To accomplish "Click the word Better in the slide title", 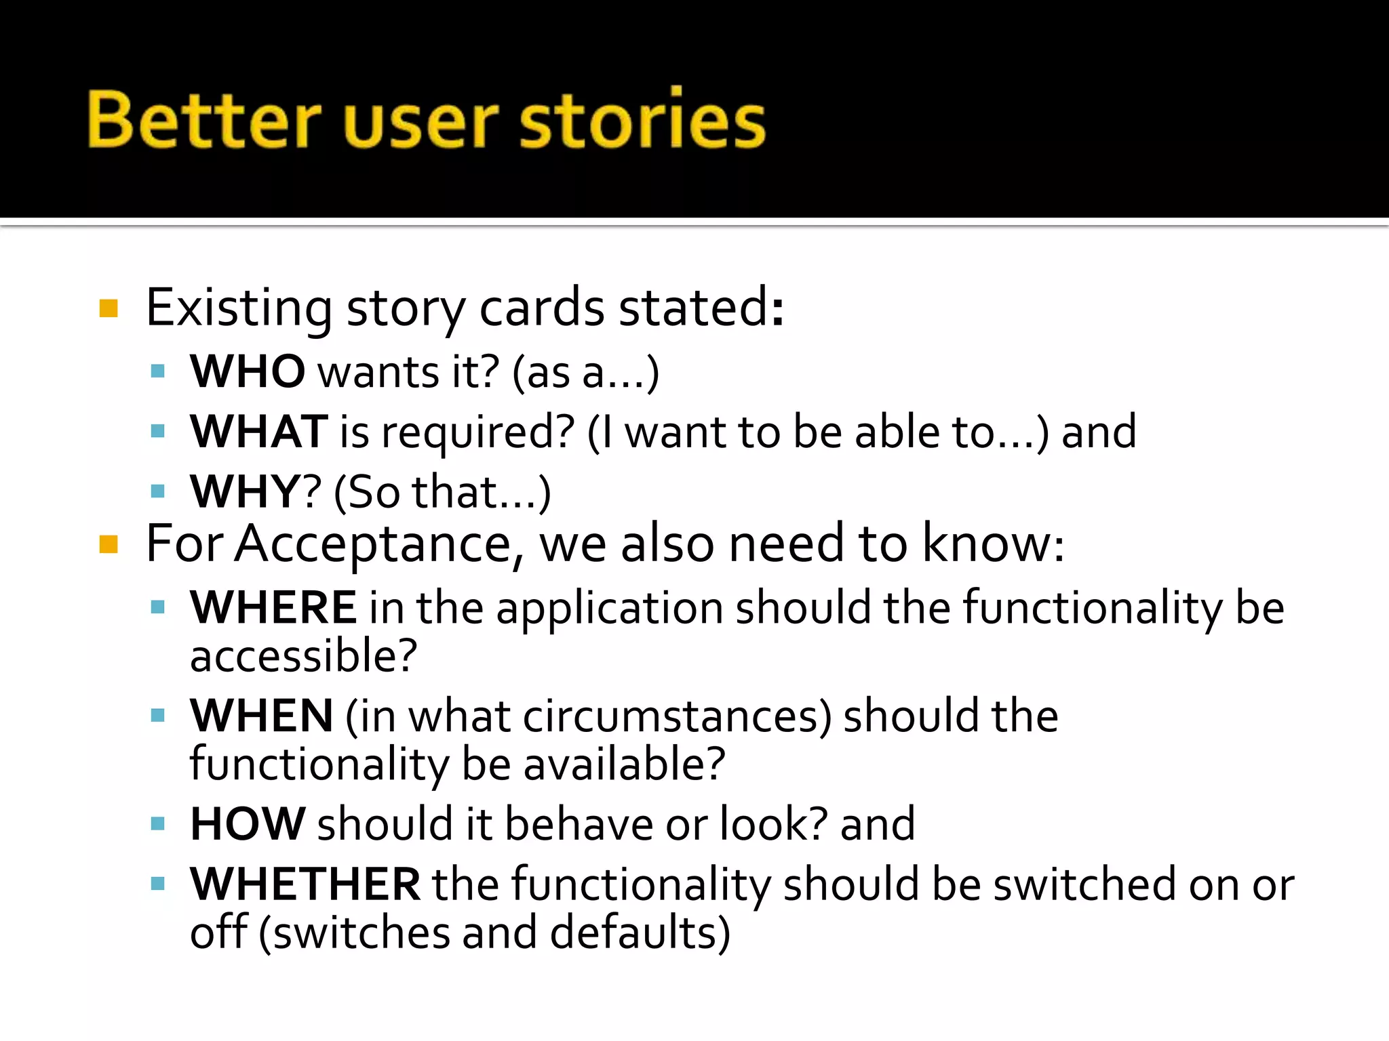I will [x=203, y=121].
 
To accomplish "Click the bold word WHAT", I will [x=259, y=432].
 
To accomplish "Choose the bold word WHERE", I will [x=273, y=607].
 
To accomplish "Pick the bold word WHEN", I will [x=262, y=716].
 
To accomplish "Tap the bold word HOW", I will [x=248, y=824].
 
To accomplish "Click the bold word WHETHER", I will [x=305, y=884].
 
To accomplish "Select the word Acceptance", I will [x=374, y=544].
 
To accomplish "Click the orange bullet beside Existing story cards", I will [x=109, y=309].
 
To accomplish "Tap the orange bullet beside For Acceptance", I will [x=109, y=544].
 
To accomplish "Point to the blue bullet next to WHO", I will [x=158, y=371].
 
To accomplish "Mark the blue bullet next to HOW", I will [x=158, y=824].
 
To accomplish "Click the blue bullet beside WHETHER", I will [x=158, y=884].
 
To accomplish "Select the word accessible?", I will [x=303, y=656].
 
